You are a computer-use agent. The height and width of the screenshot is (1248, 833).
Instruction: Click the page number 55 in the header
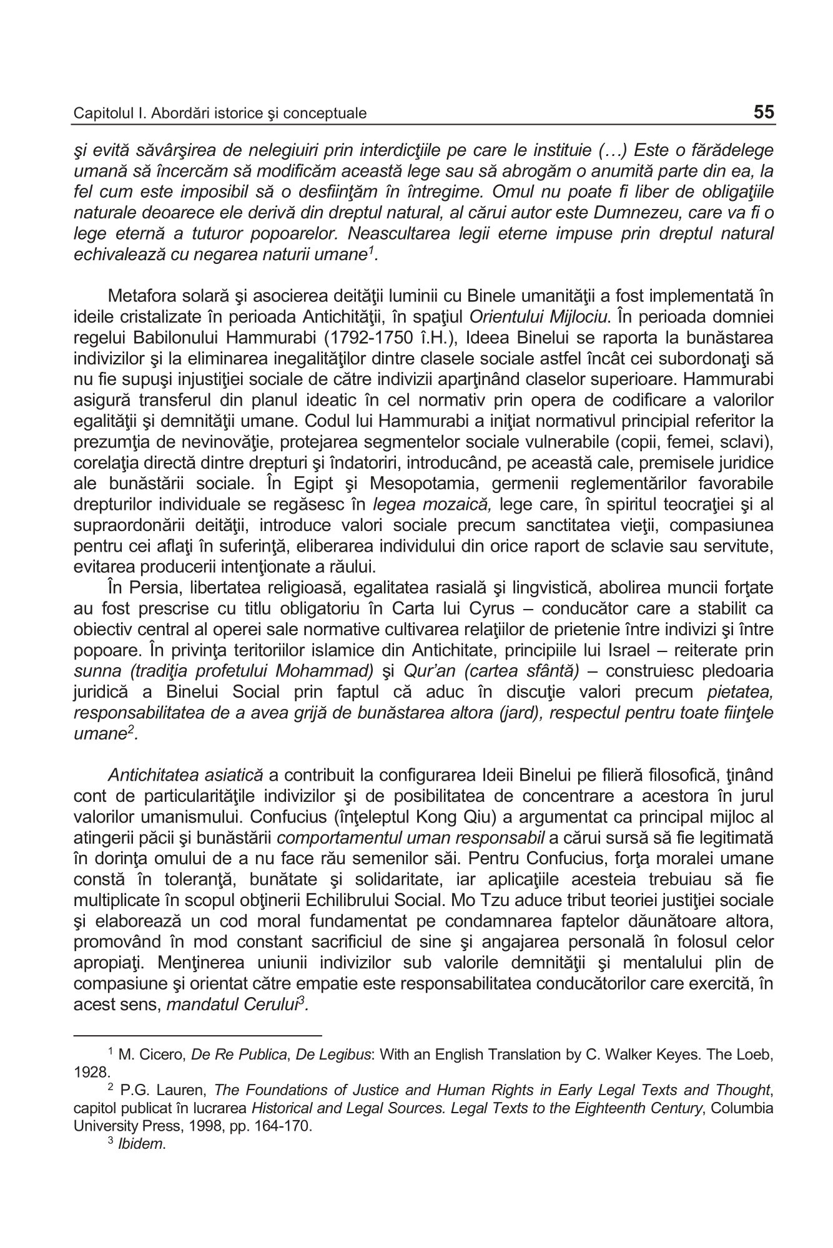click(x=764, y=112)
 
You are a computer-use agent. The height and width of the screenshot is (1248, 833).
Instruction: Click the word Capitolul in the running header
click(x=99, y=114)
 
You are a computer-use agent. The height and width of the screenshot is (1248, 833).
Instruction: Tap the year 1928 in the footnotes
click(x=91, y=1072)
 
